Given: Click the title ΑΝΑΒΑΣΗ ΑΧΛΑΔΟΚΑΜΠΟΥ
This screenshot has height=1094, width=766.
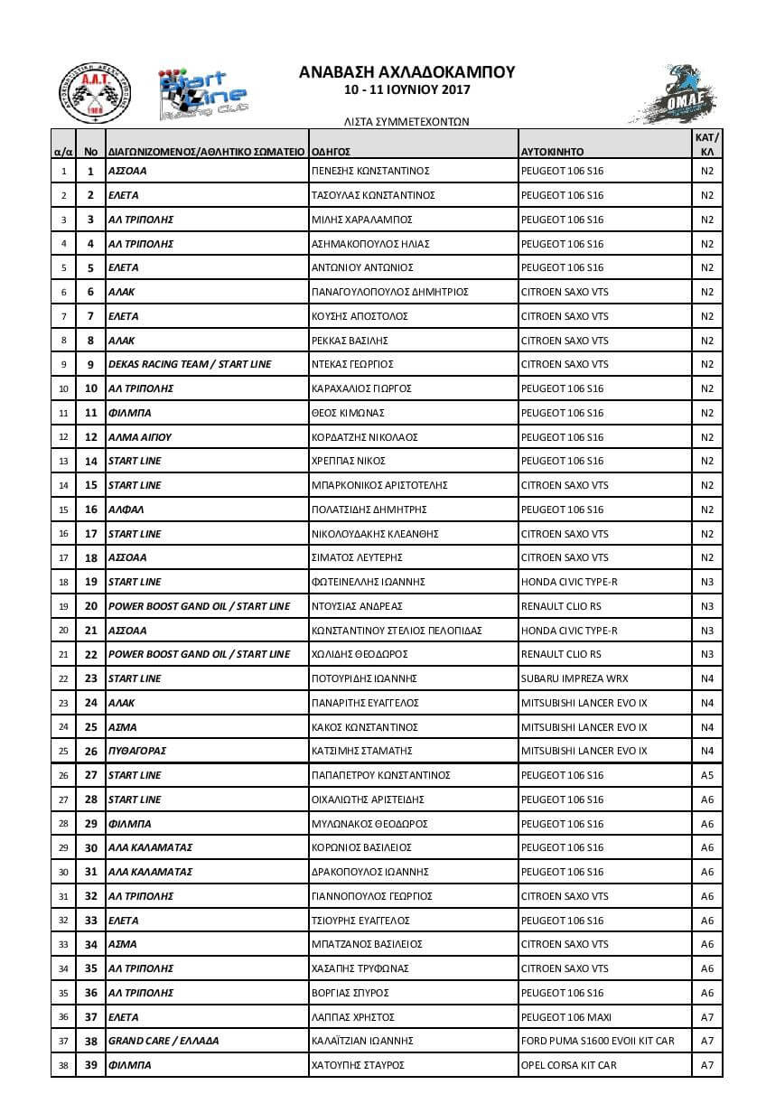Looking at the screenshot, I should (x=406, y=72).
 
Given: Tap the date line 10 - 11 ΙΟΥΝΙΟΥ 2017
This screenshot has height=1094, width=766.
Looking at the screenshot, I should (x=406, y=90).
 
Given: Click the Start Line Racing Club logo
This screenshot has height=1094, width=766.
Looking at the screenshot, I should (x=203, y=94).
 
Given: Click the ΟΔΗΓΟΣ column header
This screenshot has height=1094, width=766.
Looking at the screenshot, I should (x=331, y=152).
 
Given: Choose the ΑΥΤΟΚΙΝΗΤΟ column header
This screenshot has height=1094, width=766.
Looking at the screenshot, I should (x=553, y=152).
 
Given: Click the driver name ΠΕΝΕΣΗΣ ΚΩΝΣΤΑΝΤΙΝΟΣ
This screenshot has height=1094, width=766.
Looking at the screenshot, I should (x=369, y=171).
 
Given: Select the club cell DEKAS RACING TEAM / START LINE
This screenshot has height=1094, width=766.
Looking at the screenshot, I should (x=190, y=364).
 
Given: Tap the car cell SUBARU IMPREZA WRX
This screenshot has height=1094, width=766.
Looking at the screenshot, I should (x=574, y=678).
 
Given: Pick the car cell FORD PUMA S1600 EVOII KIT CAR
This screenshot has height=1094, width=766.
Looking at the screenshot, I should (x=598, y=1041).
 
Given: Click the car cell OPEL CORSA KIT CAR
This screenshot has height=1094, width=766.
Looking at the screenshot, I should (x=569, y=1065).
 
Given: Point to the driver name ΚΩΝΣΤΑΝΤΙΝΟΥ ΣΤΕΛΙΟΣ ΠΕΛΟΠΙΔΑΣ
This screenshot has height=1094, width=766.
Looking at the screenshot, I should (x=397, y=630).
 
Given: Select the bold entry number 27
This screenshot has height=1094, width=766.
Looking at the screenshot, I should (x=91, y=775).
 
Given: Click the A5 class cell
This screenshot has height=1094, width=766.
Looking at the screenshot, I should (x=707, y=775).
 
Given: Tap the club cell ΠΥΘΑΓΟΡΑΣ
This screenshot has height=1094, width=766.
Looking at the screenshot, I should (x=137, y=751).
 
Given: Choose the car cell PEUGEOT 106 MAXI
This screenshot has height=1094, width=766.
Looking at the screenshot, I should (x=566, y=1017).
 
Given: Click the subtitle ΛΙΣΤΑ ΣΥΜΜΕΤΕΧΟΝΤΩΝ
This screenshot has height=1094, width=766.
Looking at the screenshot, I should (x=406, y=120).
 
